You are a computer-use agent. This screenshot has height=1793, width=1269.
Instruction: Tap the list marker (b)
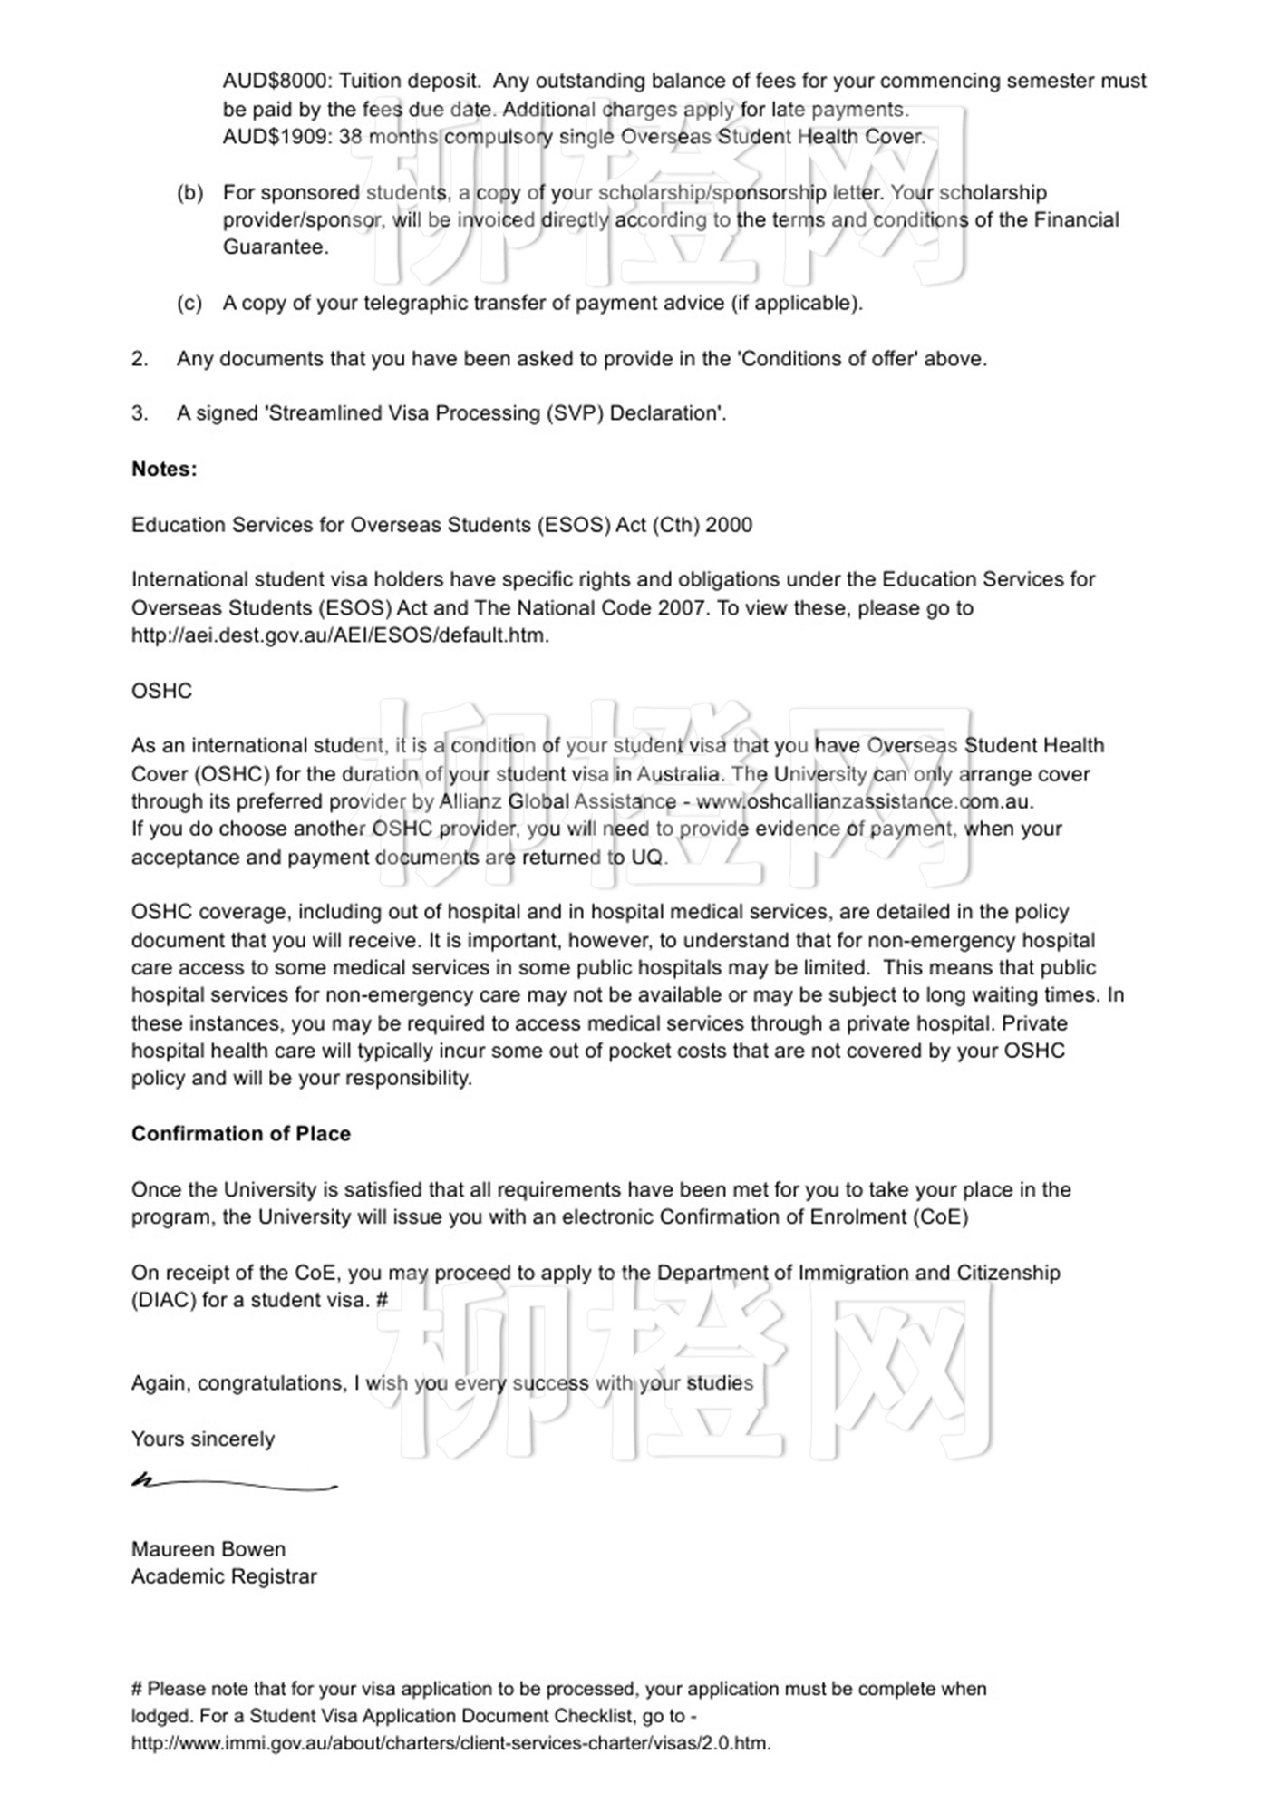(x=189, y=193)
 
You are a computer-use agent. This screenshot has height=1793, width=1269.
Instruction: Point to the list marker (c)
(x=189, y=304)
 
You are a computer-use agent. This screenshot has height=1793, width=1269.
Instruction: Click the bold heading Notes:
(x=164, y=470)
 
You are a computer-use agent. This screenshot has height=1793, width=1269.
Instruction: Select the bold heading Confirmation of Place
(x=241, y=1134)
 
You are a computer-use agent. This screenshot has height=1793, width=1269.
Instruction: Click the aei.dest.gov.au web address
(x=340, y=635)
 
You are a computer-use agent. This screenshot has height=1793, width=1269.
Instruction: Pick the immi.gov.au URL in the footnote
(x=450, y=1743)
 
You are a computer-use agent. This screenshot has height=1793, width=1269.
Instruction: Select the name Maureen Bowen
(x=208, y=1549)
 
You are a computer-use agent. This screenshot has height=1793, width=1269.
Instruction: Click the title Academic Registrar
(x=224, y=1577)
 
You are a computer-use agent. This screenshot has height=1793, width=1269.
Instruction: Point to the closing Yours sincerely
(x=203, y=1439)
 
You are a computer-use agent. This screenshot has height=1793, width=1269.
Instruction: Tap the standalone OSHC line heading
(x=162, y=692)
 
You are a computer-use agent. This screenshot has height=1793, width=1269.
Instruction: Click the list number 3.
(x=140, y=414)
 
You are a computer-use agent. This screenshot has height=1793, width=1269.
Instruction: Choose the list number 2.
(x=140, y=359)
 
